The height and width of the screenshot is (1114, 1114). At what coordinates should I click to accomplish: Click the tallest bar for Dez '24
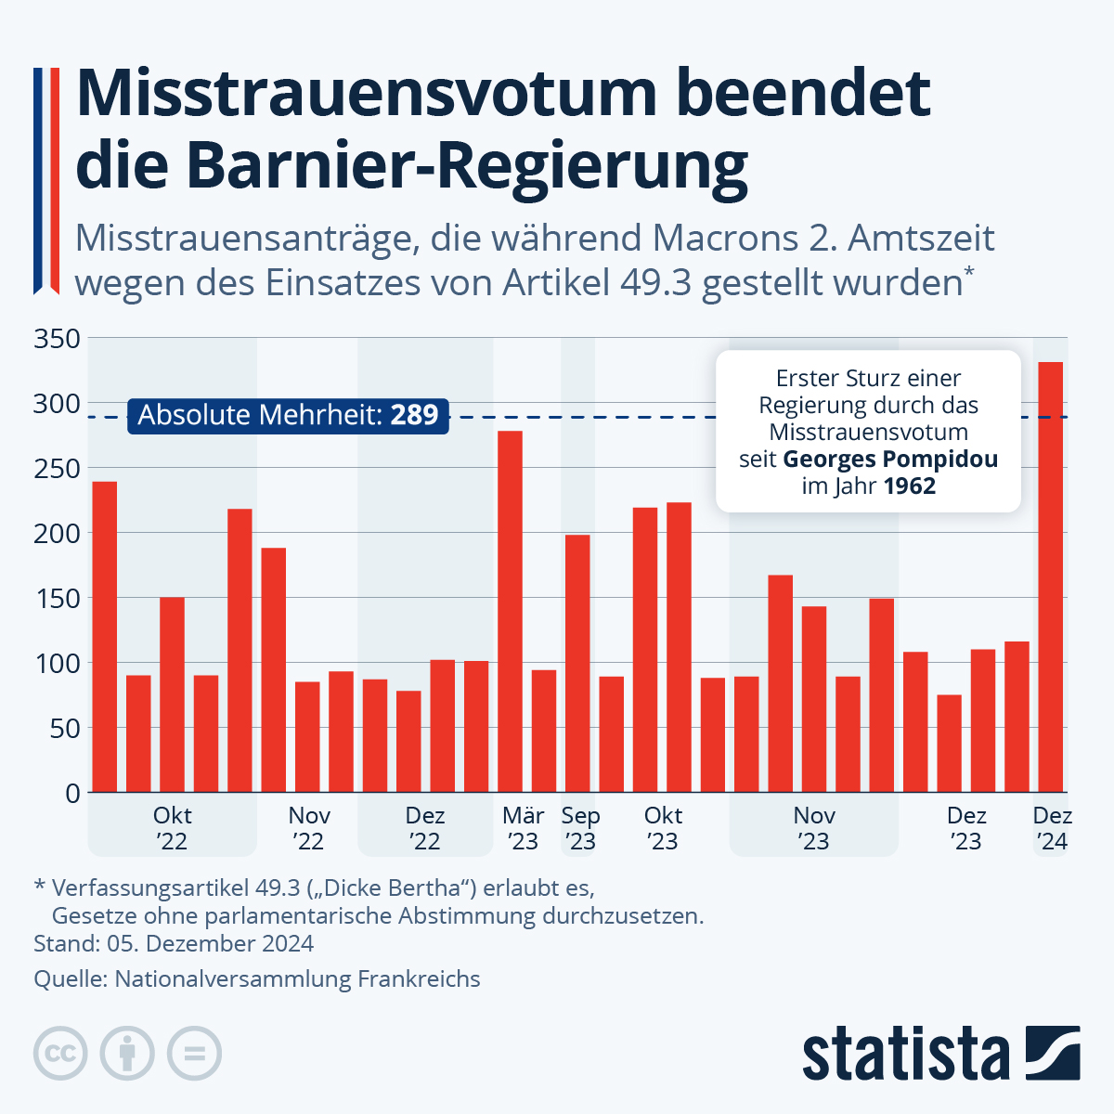(1050, 576)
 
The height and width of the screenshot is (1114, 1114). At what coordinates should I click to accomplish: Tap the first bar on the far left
(105, 636)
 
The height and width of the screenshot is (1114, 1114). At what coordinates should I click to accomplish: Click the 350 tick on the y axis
(58, 339)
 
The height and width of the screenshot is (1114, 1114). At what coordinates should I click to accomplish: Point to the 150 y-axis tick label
(58, 599)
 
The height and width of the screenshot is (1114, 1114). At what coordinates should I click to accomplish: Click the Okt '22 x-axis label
(172, 829)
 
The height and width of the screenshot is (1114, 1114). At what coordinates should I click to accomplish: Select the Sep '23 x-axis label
(581, 829)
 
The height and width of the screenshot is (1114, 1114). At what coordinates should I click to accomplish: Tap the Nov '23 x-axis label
(814, 829)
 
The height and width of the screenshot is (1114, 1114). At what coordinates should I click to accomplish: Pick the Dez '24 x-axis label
(1053, 829)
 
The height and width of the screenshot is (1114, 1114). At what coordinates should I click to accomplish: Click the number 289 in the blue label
(414, 415)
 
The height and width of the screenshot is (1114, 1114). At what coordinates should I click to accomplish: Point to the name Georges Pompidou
(890, 460)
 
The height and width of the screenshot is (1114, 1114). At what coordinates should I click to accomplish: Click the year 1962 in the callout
(909, 486)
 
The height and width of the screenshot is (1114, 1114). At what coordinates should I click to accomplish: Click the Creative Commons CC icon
(60, 1054)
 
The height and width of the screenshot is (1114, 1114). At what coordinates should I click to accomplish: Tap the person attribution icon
(127, 1054)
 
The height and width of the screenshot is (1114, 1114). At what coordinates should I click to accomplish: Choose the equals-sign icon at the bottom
(194, 1054)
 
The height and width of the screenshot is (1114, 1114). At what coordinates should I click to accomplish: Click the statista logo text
(905, 1054)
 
